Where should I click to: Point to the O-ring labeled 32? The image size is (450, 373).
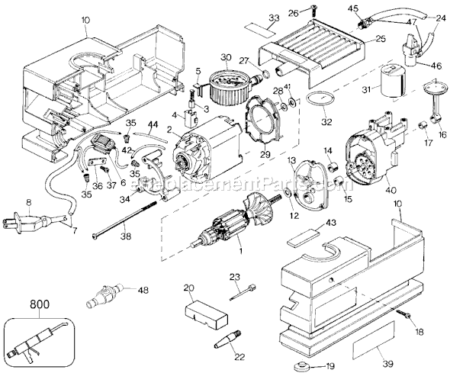(320, 98)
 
